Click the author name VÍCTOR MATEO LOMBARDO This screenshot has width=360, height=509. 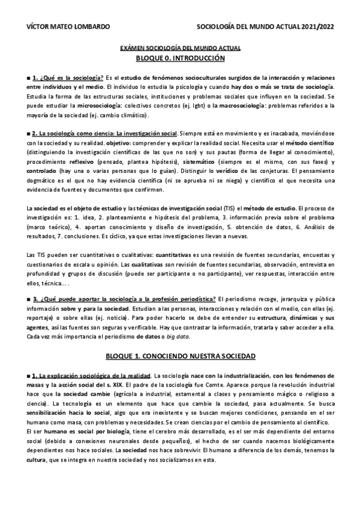pyautogui.click(x=60, y=26)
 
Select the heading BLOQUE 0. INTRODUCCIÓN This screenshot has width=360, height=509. pyautogui.click(x=181, y=58)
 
